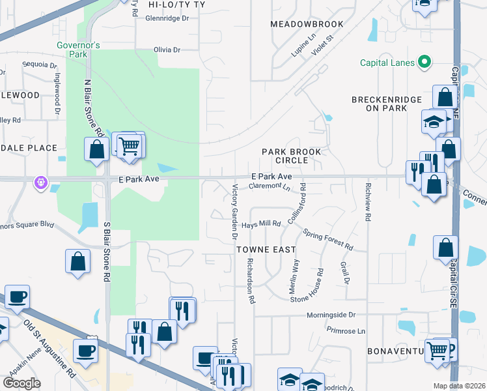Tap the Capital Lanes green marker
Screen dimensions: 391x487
click(x=424, y=63)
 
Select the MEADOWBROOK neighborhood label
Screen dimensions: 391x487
click(x=306, y=24)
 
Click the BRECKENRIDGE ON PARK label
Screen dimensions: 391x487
click(x=382, y=104)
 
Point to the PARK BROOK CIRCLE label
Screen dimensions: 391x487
click(x=292, y=156)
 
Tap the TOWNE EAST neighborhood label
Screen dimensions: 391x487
click(x=266, y=250)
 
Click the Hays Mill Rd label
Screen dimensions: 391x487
click(x=261, y=224)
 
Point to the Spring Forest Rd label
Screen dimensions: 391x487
click(x=327, y=240)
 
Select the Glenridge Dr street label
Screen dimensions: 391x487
click(x=167, y=18)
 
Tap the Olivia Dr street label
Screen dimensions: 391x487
click(x=166, y=50)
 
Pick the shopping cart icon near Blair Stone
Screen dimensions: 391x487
click(x=130, y=145)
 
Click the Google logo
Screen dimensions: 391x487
click(x=21, y=383)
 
